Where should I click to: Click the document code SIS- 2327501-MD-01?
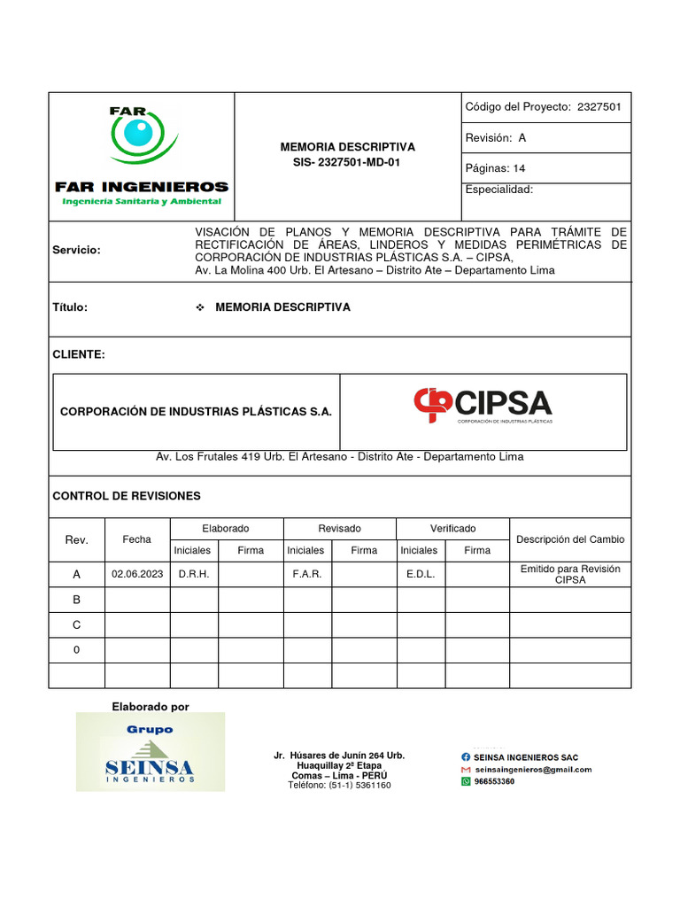coord(347,162)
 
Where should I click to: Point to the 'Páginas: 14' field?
coord(495,168)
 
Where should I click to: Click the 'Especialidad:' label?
coord(498,190)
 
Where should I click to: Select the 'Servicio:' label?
coord(77,251)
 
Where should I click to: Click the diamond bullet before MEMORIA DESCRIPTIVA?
coord(199,307)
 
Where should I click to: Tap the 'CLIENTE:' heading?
coord(79,355)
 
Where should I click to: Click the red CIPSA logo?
coord(483,406)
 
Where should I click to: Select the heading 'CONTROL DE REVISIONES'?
coord(127,496)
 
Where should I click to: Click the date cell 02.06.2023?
coord(137,575)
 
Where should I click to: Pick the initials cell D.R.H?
coord(194,575)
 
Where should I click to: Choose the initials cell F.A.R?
coord(307,575)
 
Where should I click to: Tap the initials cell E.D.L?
coord(420,575)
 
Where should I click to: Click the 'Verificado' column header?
coord(452,529)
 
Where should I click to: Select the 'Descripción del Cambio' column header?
coord(570,539)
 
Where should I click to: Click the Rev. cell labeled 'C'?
coord(77,625)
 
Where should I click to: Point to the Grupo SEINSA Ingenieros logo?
coord(150,752)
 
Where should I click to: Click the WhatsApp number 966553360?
coord(494,782)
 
